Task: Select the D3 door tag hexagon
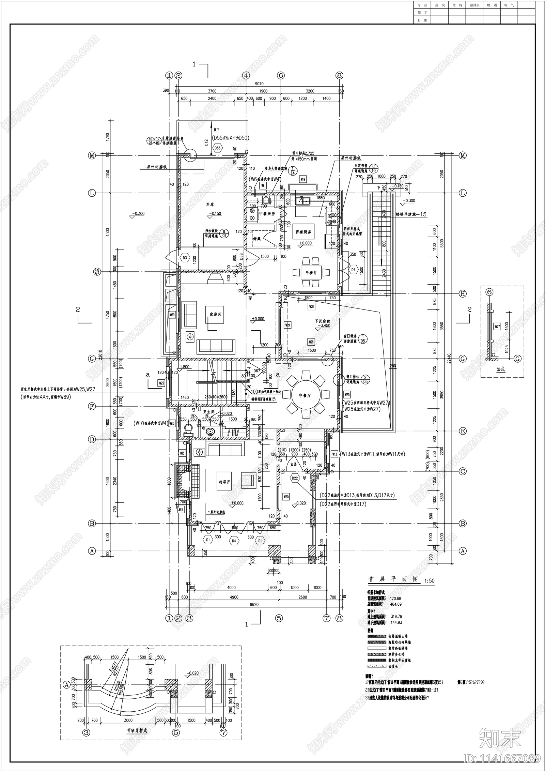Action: click(185, 258)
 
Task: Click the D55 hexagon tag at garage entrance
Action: click(217, 148)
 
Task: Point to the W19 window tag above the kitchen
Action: click(303, 179)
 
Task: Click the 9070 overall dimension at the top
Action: click(259, 84)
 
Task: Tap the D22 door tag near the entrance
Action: click(295, 479)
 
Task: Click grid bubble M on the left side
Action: click(92, 155)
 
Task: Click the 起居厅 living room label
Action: click(224, 483)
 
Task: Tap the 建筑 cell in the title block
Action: click(439, 5)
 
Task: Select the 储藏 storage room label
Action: click(257, 239)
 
